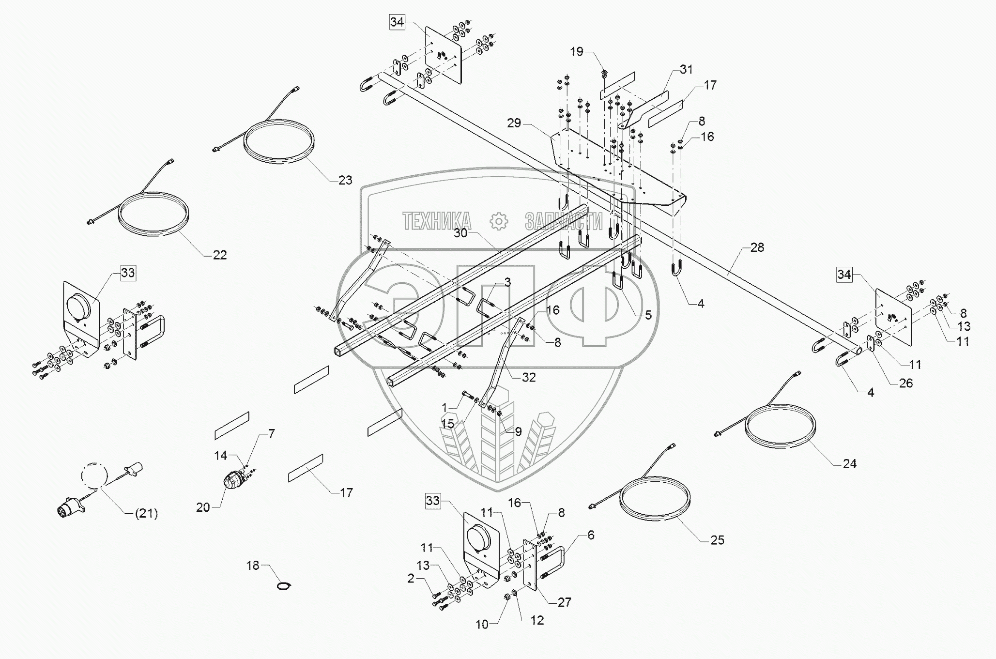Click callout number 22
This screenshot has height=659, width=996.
pos(220,255)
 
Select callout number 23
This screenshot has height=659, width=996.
pos(345,180)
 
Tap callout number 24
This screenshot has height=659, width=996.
pos(849,464)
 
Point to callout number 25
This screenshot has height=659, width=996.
pos(717,540)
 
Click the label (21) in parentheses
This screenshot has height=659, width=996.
pos(146,513)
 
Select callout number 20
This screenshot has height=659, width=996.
pos(203,507)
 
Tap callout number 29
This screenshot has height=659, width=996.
pos(514,123)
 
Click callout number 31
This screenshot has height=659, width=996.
pos(686,70)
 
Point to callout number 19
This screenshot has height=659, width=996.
pos(577,52)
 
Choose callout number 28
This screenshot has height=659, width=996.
pos(757,248)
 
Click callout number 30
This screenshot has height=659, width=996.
pos(461,233)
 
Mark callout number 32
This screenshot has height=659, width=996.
pos(529,378)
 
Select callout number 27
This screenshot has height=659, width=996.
pos(565,602)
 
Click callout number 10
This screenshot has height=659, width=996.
pos(482,625)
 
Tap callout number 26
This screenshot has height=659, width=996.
pos(905,383)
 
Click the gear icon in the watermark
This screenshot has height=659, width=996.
pos(498,221)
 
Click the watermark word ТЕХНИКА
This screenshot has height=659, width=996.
pos(437,221)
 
